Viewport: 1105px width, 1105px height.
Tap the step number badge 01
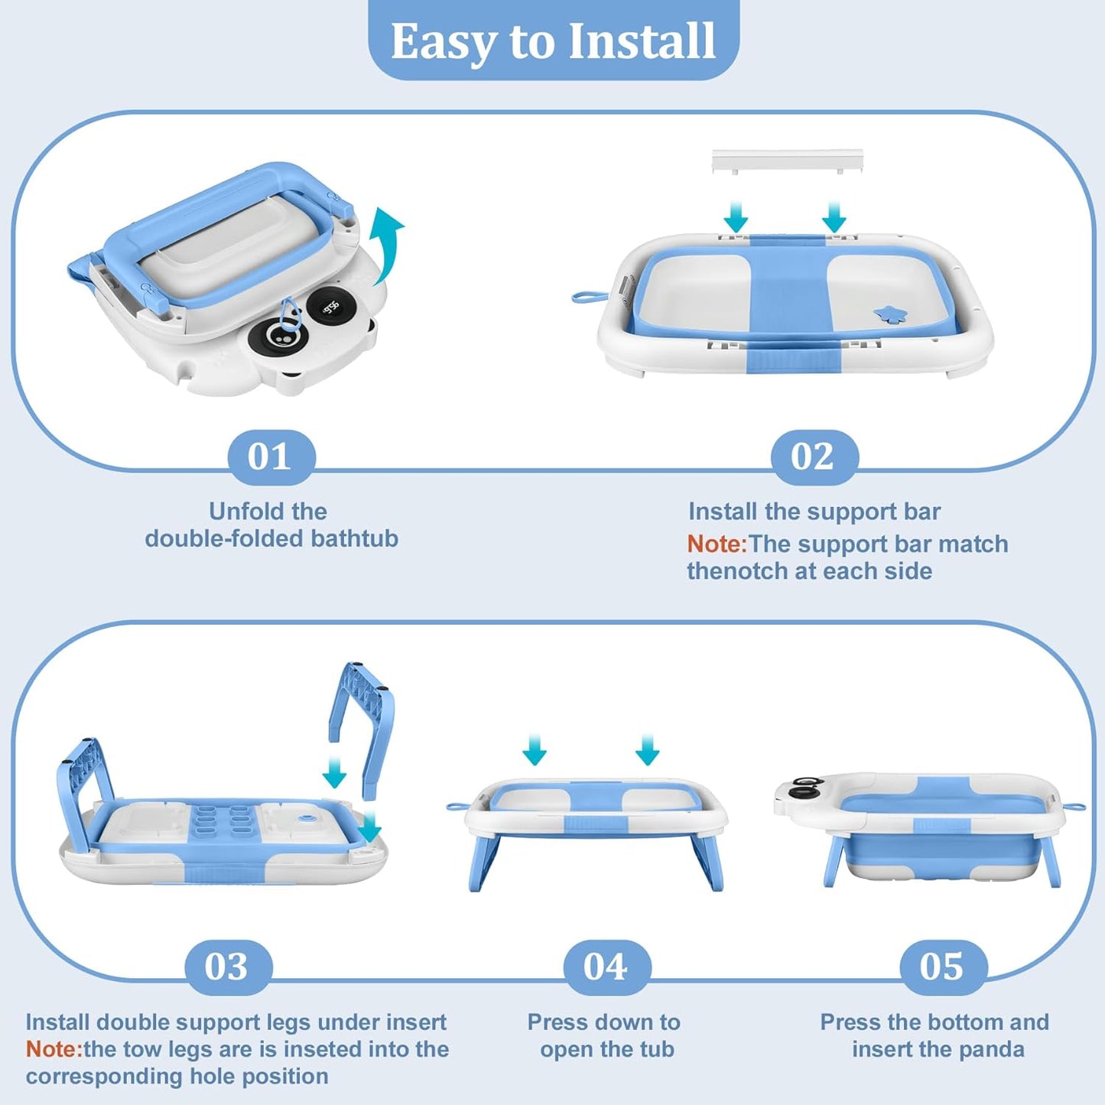pos(271,457)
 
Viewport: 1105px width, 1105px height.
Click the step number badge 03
pos(228,967)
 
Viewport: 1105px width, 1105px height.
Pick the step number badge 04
pos(606,967)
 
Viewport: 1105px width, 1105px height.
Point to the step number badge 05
pos(942,967)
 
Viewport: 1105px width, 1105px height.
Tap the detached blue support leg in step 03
pos(364,723)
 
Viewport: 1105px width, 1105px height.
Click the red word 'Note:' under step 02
pos(716,544)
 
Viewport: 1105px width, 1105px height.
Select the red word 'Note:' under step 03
pos(54,1049)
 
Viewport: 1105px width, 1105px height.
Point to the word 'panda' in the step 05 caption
pos(991,1049)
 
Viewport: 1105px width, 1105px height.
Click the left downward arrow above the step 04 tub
pos(535,750)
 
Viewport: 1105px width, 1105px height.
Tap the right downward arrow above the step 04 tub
pos(648,750)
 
